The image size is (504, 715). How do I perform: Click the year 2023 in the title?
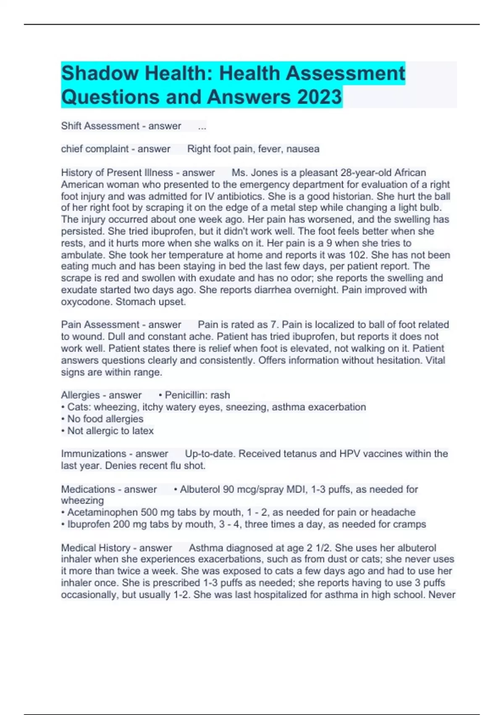click(319, 97)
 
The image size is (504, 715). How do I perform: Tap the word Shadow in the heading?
click(100, 73)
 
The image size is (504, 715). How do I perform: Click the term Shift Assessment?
click(100, 126)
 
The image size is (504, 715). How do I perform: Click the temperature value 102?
click(357, 255)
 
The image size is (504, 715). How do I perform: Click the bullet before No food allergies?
click(63, 419)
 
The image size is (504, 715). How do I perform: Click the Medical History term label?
click(96, 548)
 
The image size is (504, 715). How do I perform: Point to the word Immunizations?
click(93, 454)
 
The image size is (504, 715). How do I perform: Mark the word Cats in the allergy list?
click(78, 407)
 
